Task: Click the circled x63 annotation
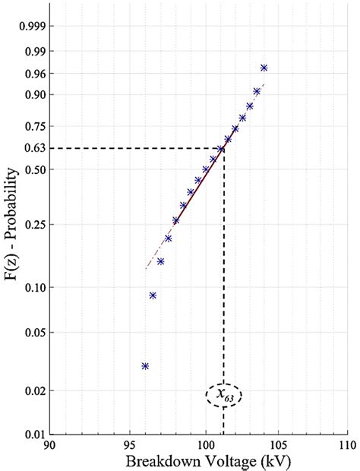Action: pos(223,395)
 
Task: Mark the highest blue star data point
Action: pos(264,68)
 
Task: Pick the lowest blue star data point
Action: pos(145,366)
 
